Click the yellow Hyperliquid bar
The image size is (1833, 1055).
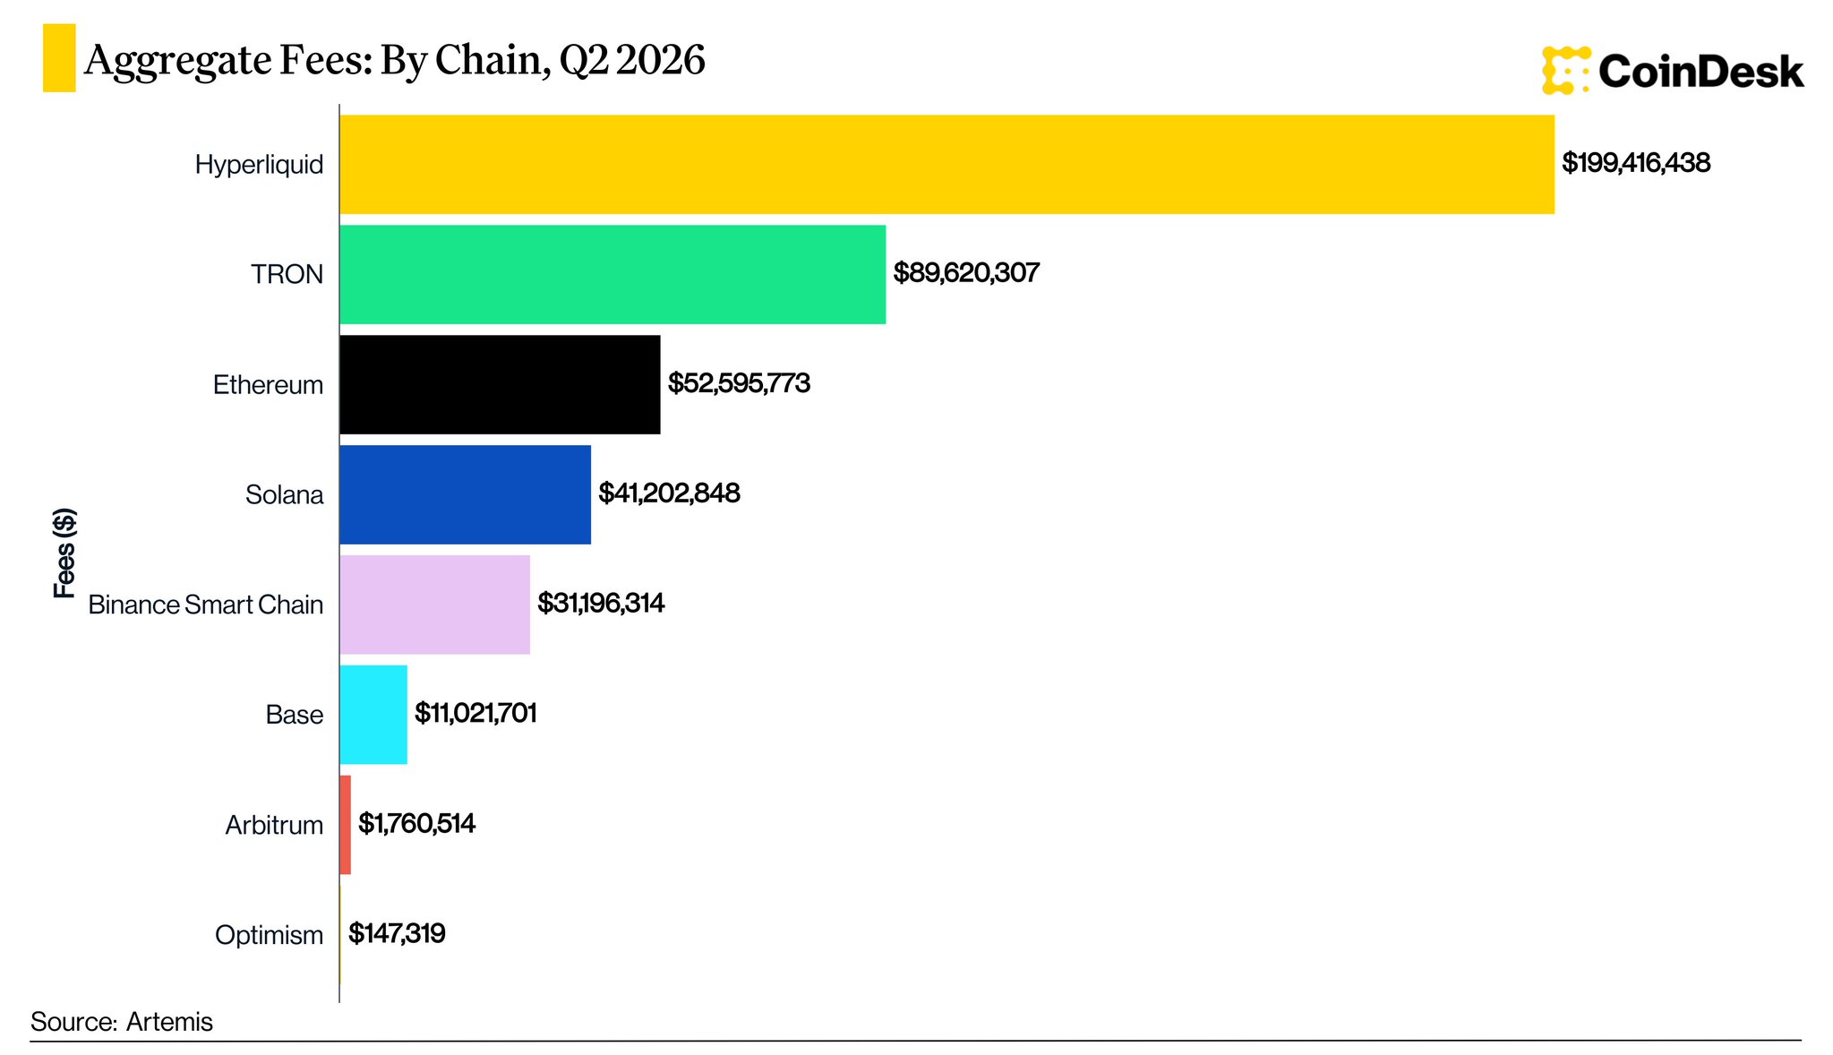[x=947, y=164]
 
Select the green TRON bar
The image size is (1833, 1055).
[x=612, y=274]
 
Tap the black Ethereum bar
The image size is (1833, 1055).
[x=500, y=384]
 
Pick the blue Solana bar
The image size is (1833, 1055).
[x=466, y=494]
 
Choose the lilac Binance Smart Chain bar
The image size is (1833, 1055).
[x=435, y=605]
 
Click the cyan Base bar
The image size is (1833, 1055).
[x=373, y=715]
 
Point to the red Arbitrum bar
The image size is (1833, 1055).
[x=346, y=825]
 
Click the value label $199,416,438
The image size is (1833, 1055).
[x=1636, y=163]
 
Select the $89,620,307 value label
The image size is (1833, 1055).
[x=966, y=273]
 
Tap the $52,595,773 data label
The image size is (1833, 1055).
[x=739, y=383]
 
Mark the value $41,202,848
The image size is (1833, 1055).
[x=669, y=493]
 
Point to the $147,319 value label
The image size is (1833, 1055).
[x=397, y=934]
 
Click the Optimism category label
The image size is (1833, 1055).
[x=269, y=935]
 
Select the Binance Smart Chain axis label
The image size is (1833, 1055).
[x=205, y=605]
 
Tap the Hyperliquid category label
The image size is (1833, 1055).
[x=259, y=165]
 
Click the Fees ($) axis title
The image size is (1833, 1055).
[x=64, y=553]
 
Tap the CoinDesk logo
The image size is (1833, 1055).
[x=1672, y=71]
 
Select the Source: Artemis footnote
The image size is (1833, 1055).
[x=122, y=1022]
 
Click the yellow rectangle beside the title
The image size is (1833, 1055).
[x=59, y=58]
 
